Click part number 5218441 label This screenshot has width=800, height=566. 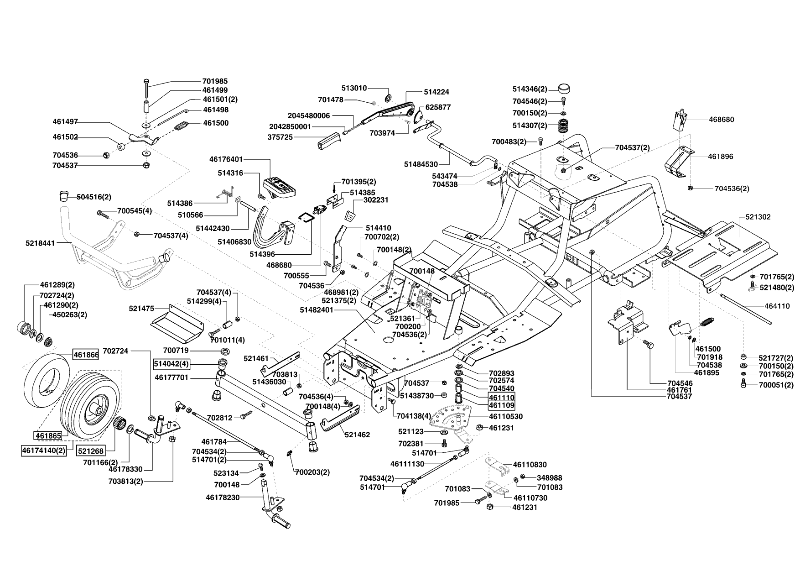(x=40, y=243)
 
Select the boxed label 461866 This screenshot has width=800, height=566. (x=86, y=354)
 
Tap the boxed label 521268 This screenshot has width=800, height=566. (x=90, y=451)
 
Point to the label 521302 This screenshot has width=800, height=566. (x=758, y=217)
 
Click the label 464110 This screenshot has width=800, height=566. (x=777, y=306)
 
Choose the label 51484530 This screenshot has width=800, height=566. (x=421, y=164)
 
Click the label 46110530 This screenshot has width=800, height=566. (x=506, y=417)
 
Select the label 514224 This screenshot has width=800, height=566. (x=436, y=92)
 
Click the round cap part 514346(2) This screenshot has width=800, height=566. (x=564, y=89)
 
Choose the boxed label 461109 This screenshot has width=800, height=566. (x=501, y=405)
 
